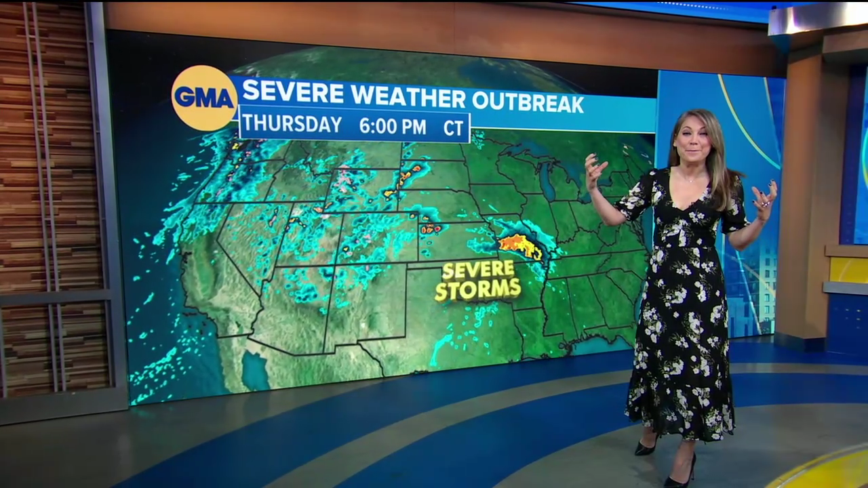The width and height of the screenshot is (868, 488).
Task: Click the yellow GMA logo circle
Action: [x=204, y=98]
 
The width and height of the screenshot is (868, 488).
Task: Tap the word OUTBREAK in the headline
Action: [x=528, y=102]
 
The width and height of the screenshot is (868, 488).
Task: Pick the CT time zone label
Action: [x=453, y=127]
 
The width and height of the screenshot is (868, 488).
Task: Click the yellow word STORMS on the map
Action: [x=478, y=289]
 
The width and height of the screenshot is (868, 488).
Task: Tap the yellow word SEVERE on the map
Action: [x=478, y=270]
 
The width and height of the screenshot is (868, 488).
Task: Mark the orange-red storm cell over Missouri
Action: [x=521, y=245]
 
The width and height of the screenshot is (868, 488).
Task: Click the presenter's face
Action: [x=692, y=140]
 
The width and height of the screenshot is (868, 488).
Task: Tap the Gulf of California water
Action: [x=255, y=369]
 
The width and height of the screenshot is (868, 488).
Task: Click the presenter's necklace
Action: [x=691, y=180]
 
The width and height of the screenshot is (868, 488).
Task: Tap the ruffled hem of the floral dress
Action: [x=678, y=413]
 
